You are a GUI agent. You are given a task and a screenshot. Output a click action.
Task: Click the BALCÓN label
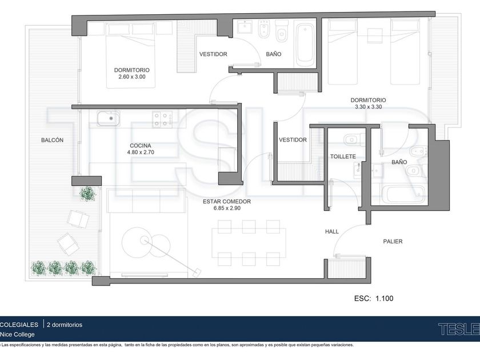[x=53, y=140]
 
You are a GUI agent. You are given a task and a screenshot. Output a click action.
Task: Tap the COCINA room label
[x=141, y=146]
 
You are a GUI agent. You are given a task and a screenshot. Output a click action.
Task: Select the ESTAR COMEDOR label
[x=227, y=201]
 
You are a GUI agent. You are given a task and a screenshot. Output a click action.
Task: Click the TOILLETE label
[x=343, y=157]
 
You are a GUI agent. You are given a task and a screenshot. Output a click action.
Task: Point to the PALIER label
[x=393, y=242]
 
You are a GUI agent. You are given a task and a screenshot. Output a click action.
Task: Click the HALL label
[x=332, y=232]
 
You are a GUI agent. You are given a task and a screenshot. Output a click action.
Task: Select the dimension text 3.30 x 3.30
[x=368, y=107]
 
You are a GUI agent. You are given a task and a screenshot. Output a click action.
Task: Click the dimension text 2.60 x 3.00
[x=132, y=77]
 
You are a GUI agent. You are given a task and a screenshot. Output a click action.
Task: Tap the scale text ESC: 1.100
[x=374, y=298]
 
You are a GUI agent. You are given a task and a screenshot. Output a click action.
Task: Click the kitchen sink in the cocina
[x=109, y=118]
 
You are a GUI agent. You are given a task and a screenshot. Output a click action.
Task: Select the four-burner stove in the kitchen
[x=162, y=119]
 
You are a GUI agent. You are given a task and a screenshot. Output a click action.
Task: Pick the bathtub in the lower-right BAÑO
[x=405, y=194]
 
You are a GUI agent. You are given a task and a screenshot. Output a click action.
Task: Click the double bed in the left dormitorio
[x=131, y=55]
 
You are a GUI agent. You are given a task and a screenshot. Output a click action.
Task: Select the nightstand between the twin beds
[x=375, y=36]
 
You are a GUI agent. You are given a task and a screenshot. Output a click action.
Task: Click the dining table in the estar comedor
[x=249, y=243]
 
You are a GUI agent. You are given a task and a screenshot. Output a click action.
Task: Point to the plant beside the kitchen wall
[x=88, y=194]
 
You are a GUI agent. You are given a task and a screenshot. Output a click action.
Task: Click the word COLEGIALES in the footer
[x=19, y=325]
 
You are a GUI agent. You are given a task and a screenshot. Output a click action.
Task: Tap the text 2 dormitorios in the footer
[x=65, y=325]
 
